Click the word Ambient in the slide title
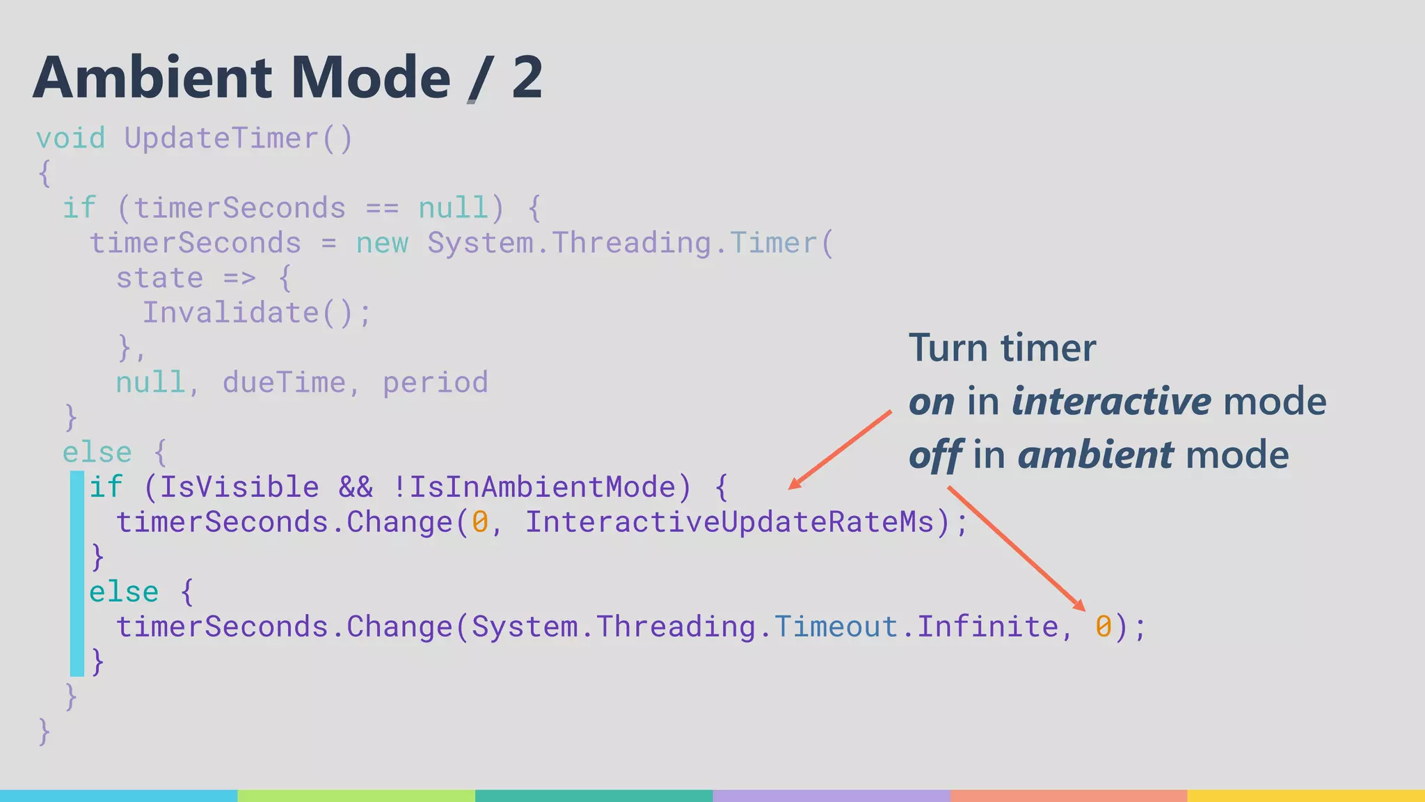point(152,77)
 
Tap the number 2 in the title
point(527,77)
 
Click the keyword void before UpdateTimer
point(70,138)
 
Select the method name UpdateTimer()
point(239,138)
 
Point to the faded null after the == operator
point(453,207)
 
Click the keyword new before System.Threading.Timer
point(382,243)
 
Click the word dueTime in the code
point(284,382)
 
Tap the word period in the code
point(436,382)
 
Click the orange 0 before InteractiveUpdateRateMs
point(480,522)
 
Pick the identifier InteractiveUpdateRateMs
point(729,522)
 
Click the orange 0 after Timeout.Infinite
point(1103,627)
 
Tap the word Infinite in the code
point(988,627)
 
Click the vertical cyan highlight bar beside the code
point(77,574)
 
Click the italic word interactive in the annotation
point(1111,402)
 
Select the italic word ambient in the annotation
point(1095,455)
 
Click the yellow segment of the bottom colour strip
point(1306,795)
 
